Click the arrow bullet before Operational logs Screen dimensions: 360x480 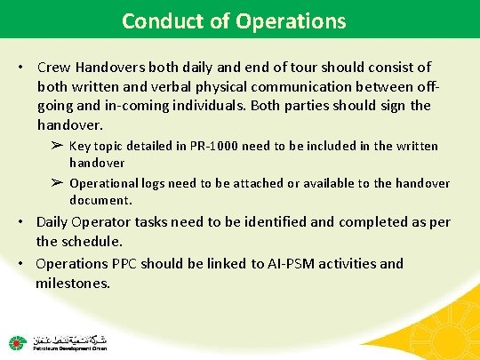(x=57, y=183)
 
